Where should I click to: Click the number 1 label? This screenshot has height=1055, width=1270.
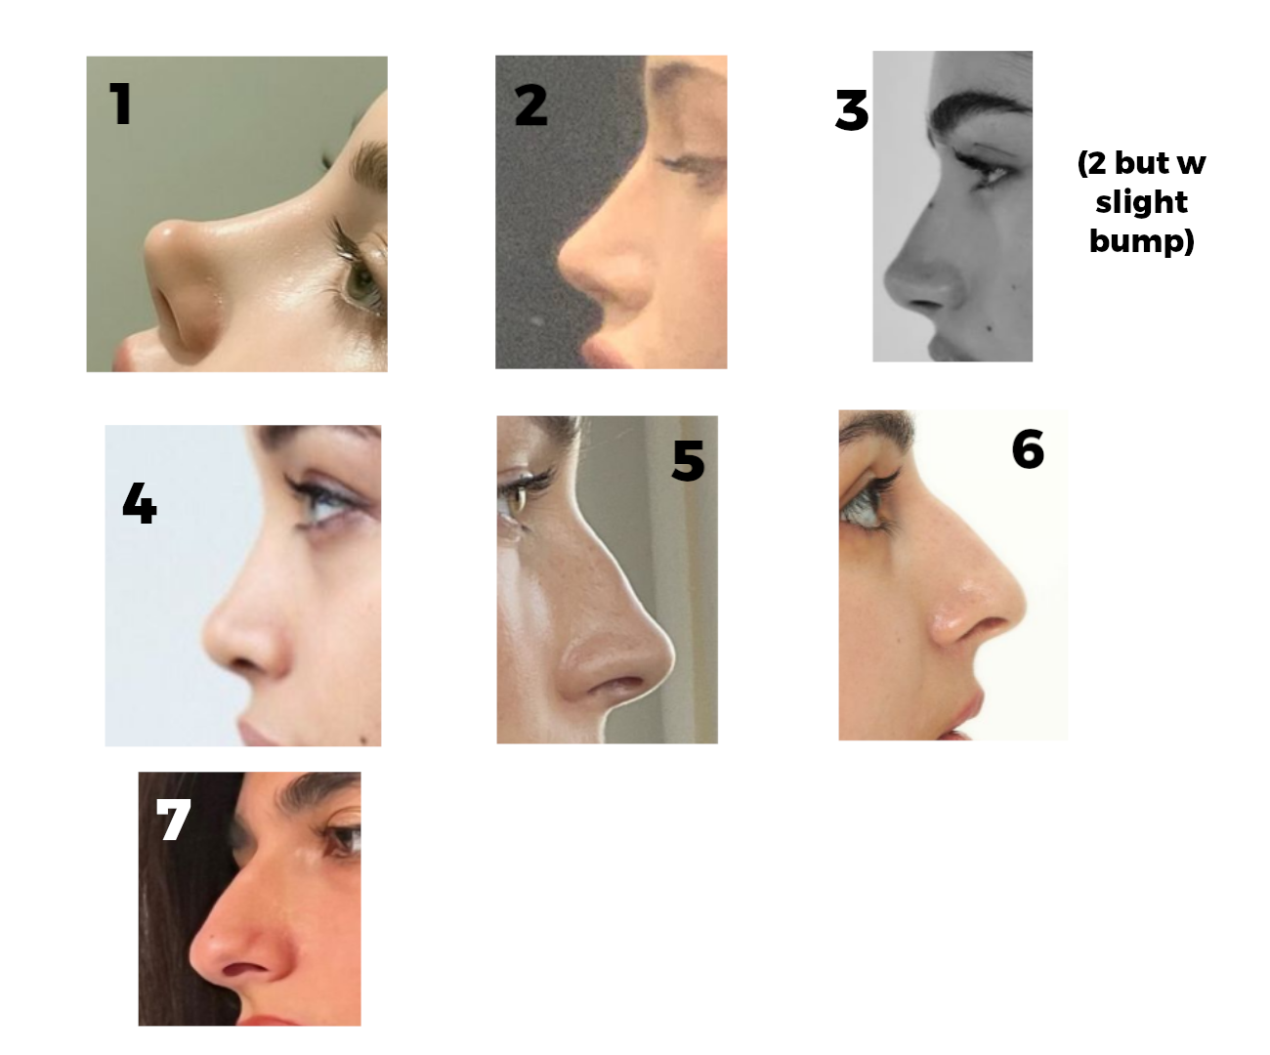point(120,104)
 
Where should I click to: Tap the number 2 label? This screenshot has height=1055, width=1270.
point(531,105)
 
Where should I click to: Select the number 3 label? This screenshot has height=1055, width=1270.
point(852,110)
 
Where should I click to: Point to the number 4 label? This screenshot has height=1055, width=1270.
point(139,504)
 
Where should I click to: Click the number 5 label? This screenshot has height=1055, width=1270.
point(688,460)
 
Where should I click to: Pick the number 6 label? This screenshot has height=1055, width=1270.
point(1028,449)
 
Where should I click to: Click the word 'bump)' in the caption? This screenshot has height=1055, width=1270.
point(1141,240)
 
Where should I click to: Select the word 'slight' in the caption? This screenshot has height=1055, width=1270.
point(1141,202)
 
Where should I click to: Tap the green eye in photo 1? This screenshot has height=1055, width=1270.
point(363,285)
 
